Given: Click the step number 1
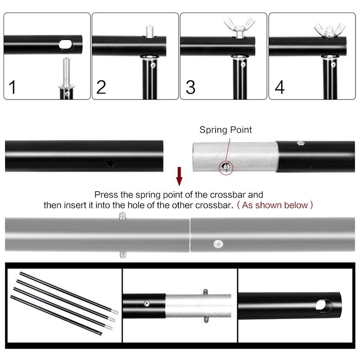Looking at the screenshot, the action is click(12, 87).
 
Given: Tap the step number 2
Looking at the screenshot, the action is click(101, 87).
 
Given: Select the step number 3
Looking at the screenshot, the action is click(190, 87).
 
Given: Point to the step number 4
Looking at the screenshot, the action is click(279, 87).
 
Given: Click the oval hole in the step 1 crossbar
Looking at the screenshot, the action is click(66, 44).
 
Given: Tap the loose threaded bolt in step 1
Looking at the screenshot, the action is click(66, 73).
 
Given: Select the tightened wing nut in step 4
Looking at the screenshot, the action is click(329, 31).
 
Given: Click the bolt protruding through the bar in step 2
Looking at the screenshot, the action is click(149, 31).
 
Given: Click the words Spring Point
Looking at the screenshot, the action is click(226, 130).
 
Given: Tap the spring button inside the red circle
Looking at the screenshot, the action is click(226, 166).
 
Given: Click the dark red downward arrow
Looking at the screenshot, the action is click(179, 176).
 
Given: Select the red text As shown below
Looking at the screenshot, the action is click(275, 205).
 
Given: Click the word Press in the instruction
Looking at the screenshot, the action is click(107, 195).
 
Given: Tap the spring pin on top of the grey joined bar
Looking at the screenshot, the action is click(122, 216).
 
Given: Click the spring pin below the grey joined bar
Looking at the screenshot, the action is click(123, 255).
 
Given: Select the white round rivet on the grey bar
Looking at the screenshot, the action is click(218, 244).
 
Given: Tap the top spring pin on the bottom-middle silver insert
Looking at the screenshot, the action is click(206, 292).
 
